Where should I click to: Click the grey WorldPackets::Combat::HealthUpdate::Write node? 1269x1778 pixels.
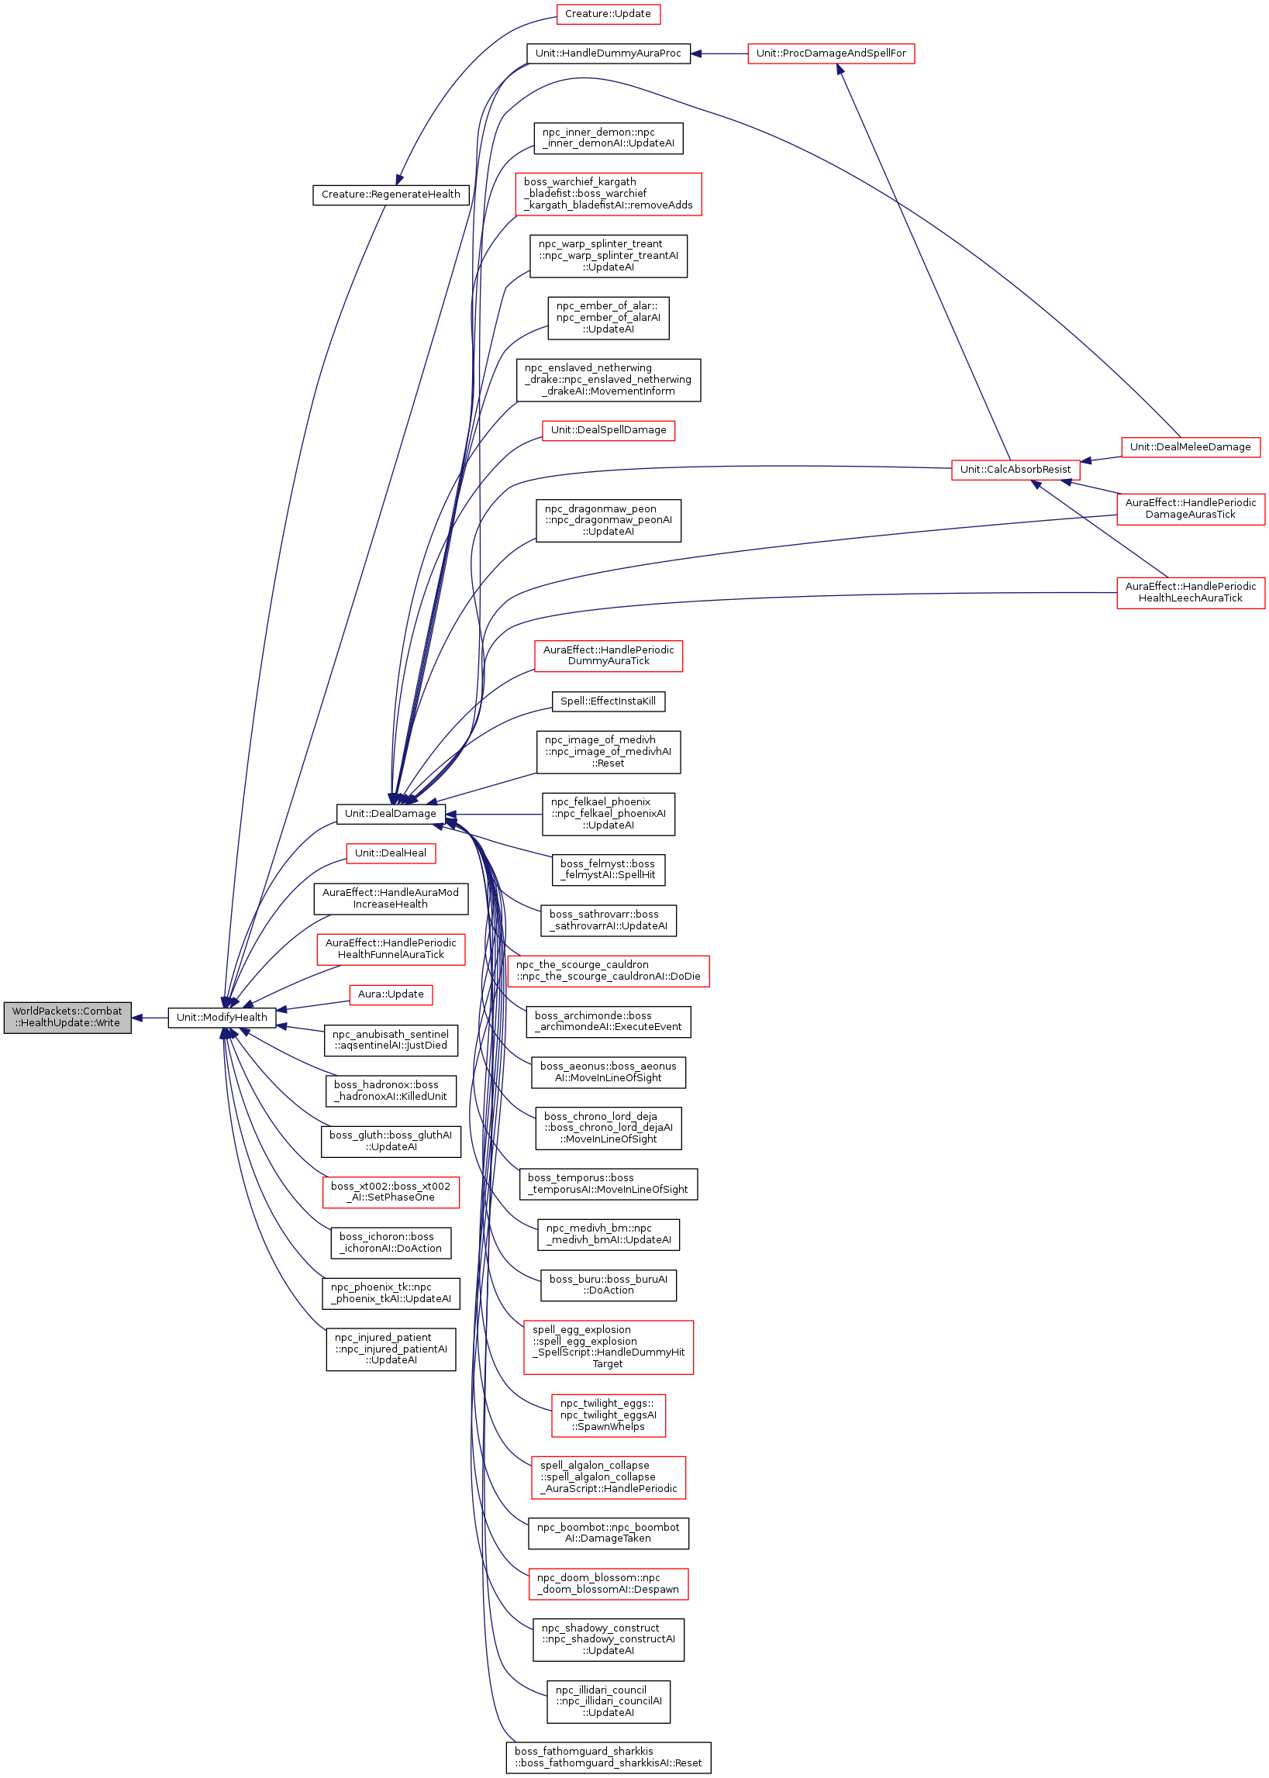[67, 1017]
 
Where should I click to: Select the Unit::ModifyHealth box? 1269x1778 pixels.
[222, 1017]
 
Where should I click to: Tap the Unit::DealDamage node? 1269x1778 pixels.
[391, 813]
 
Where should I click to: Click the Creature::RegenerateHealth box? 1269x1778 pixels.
[391, 195]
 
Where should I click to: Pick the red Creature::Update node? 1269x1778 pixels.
[608, 14]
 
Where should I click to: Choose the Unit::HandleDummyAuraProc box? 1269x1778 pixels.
[608, 54]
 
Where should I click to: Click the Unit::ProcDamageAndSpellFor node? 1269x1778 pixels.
[831, 54]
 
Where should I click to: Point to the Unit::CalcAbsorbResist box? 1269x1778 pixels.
[1015, 470]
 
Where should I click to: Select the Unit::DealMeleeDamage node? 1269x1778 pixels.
[1190, 447]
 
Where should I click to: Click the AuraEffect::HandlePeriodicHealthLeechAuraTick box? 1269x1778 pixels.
[1190, 592]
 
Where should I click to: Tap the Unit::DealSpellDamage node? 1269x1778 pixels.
[608, 430]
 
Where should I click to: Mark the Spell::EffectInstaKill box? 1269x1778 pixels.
[608, 701]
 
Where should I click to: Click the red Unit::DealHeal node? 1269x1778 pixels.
[391, 853]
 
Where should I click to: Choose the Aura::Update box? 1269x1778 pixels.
[391, 994]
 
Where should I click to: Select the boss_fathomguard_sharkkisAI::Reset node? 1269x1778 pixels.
[608, 1757]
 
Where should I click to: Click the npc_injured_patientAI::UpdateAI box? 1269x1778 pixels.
[391, 1349]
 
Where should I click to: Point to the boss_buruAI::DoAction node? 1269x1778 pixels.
[608, 1285]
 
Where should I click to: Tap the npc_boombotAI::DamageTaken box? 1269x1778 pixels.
[608, 1533]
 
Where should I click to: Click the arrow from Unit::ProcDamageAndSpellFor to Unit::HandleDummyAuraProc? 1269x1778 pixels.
[719, 54]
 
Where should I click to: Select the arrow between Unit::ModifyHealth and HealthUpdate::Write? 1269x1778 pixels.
[150, 1018]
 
